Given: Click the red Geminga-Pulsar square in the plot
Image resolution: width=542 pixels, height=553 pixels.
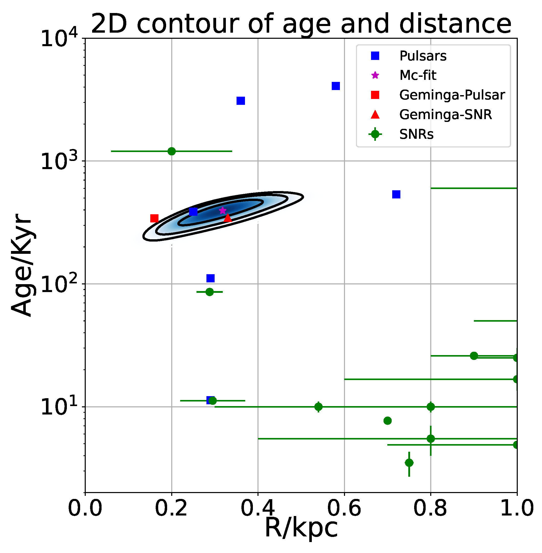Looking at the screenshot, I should point(154,218).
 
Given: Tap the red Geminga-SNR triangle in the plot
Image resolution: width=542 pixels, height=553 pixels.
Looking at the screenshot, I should point(228,218).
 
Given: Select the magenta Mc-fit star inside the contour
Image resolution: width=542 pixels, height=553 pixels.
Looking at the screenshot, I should point(223,211).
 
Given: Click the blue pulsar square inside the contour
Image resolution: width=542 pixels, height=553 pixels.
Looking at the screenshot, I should point(193,211).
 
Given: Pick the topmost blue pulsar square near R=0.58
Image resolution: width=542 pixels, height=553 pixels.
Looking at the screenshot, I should point(336,86).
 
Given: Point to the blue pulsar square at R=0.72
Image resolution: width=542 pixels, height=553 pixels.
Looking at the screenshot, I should point(396,194).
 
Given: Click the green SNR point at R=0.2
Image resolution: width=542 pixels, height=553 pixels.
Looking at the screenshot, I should point(172,151).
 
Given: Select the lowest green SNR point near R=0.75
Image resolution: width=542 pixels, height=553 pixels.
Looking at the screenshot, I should point(409,463).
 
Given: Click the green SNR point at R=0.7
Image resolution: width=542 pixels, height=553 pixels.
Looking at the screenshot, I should point(387,421).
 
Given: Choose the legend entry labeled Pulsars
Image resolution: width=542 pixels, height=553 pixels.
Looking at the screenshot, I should point(423,56).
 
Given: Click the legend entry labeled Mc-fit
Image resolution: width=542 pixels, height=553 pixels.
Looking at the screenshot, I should point(418,76).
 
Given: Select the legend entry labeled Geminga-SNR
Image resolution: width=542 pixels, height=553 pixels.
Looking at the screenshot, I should point(445,115).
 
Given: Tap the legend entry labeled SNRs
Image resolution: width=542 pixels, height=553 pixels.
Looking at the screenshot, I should point(416,134).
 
